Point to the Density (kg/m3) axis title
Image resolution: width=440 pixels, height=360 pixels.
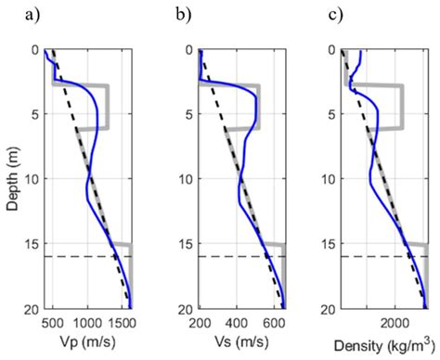[381, 346]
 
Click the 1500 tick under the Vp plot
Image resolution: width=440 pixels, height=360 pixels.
[123, 324]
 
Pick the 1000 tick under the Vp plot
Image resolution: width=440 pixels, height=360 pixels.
[88, 324]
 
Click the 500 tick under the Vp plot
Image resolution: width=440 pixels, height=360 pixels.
[54, 324]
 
